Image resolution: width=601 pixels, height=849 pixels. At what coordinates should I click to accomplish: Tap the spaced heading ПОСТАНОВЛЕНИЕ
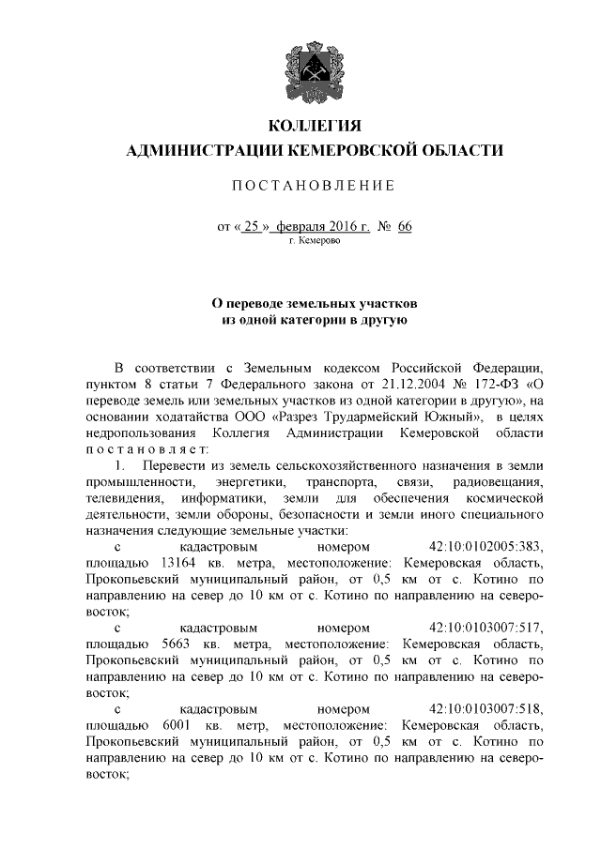pos(314,186)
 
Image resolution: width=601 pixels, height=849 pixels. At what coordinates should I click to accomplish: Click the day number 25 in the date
pos(249,227)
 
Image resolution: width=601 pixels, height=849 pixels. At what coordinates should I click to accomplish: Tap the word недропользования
pos(141,432)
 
